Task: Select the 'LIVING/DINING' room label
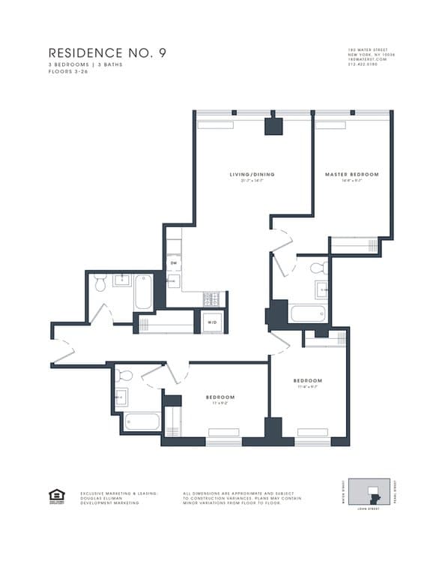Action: point(252,175)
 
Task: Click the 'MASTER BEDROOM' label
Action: point(351,175)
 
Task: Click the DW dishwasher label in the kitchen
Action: point(174,263)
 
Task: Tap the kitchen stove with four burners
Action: point(213,298)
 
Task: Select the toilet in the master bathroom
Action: point(316,268)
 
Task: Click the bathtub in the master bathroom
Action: point(307,313)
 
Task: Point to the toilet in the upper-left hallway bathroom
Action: point(101,282)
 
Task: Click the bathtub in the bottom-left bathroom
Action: point(142,421)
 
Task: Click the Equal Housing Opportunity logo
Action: point(56,495)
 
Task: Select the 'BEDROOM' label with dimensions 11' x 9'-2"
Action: point(221,397)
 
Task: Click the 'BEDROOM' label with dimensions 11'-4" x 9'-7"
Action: point(308,381)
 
